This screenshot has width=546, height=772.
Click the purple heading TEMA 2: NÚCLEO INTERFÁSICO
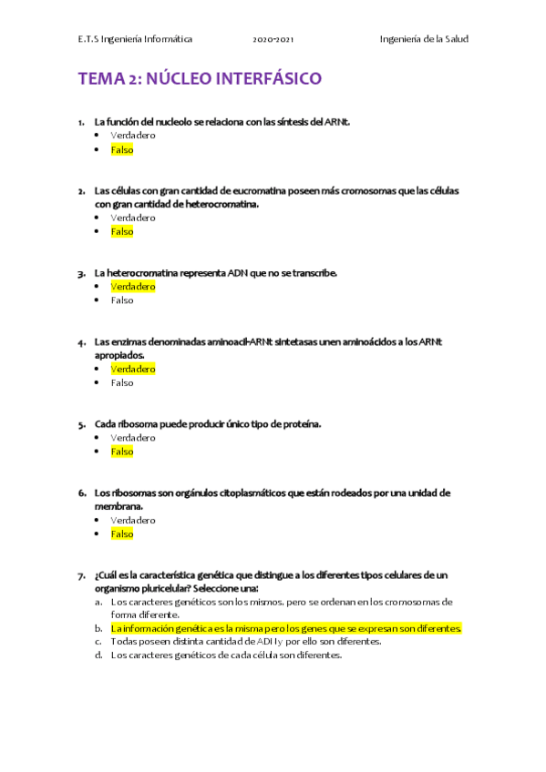(x=200, y=79)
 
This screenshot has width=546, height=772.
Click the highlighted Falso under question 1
(x=122, y=149)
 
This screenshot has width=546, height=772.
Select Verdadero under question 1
(x=133, y=135)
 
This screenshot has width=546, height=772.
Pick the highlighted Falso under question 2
(x=122, y=231)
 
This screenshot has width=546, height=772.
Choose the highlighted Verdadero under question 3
(x=133, y=286)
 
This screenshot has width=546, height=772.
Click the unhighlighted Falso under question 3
(x=122, y=300)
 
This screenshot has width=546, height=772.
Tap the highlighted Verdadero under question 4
(x=133, y=369)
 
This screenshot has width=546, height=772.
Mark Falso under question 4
(x=122, y=382)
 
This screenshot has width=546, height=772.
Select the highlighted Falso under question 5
(x=122, y=452)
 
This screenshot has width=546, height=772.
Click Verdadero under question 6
(x=133, y=520)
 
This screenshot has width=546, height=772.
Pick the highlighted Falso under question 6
(x=122, y=534)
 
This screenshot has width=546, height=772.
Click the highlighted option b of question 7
(x=286, y=628)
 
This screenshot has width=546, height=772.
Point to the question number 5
(x=82, y=424)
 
